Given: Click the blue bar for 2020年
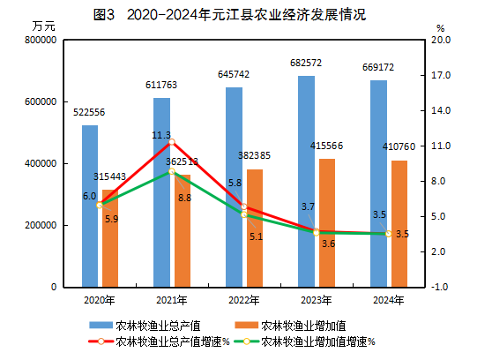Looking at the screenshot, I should pyautogui.click(x=90, y=206).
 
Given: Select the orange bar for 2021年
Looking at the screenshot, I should pyautogui.click(x=183, y=231).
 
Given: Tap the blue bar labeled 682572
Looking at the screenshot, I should pyautogui.click(x=306, y=182).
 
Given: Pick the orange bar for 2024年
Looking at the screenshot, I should pyautogui.click(x=399, y=224).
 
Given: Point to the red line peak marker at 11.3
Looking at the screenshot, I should pyautogui.click(x=172, y=141).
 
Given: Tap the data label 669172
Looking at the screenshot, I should pyautogui.click(x=377, y=67).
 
